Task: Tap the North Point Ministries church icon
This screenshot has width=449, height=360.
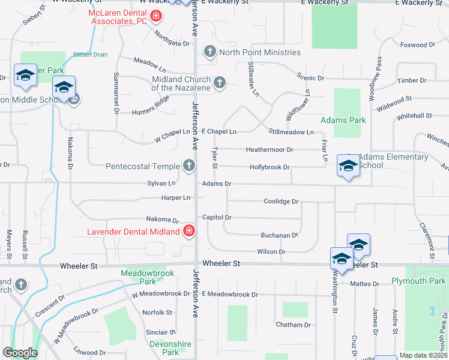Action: (210, 52)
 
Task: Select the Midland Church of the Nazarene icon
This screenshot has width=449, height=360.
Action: (220, 83)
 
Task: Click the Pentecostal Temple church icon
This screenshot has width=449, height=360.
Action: (189, 166)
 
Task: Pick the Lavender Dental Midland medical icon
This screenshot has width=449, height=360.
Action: (189, 231)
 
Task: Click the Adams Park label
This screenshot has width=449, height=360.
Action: (343, 120)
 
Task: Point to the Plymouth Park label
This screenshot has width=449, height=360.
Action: (418, 281)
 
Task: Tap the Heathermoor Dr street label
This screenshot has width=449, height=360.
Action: (270, 149)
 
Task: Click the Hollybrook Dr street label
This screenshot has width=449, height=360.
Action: (270, 167)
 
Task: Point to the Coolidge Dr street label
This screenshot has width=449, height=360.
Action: (281, 202)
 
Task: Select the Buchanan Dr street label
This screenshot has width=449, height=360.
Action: (279, 236)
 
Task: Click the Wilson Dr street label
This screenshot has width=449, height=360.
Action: (271, 252)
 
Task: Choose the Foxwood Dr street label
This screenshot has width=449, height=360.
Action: (417, 45)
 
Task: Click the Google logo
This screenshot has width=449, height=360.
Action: (20, 353)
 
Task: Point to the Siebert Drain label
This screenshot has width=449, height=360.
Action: (91, 54)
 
